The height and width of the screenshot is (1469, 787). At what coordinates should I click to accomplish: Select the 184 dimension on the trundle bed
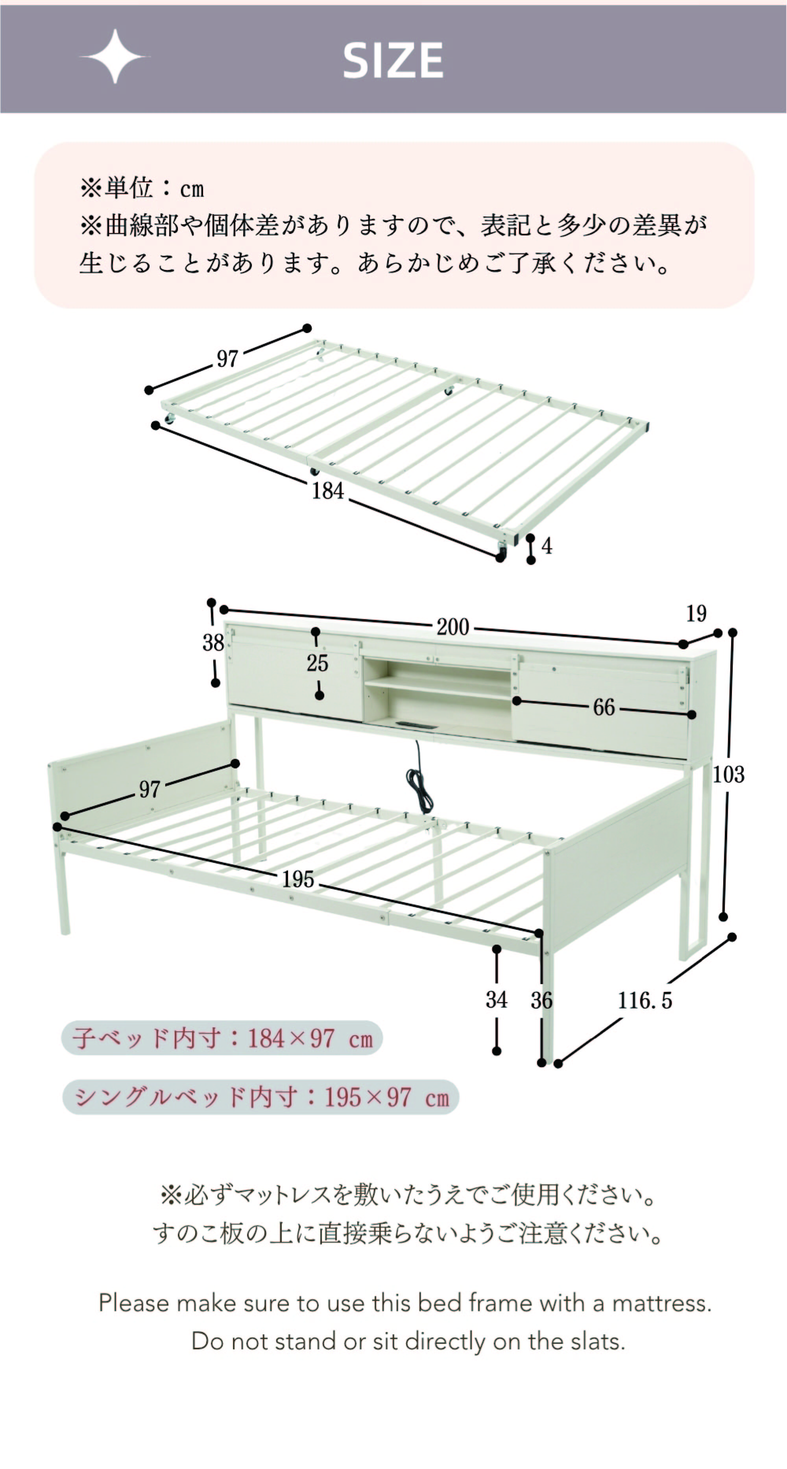click(x=328, y=490)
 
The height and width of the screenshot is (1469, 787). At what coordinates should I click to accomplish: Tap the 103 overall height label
click(x=729, y=774)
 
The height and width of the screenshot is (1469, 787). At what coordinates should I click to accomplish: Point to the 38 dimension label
click(x=213, y=643)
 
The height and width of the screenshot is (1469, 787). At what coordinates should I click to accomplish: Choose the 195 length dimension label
click(x=298, y=879)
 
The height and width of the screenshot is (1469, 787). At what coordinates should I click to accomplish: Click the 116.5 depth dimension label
click(x=645, y=1000)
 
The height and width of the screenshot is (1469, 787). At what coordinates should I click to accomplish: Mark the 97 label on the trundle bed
click(x=227, y=359)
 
